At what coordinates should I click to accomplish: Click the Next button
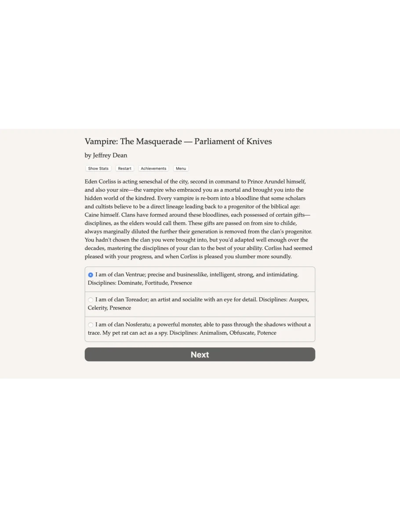pos(200,355)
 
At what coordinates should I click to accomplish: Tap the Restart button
pos(124,168)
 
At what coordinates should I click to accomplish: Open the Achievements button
pos(153,168)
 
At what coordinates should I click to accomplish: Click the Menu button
pos(181,168)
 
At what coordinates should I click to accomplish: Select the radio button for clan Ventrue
pos(91,275)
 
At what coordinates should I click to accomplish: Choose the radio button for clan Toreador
pos(91,300)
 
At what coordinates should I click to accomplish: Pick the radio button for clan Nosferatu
pos(91,325)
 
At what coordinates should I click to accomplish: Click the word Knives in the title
pos(258,142)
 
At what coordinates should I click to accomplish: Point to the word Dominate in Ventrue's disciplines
pos(130,283)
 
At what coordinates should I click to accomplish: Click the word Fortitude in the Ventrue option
pos(156,283)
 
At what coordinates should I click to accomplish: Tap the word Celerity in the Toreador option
pos(97,308)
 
